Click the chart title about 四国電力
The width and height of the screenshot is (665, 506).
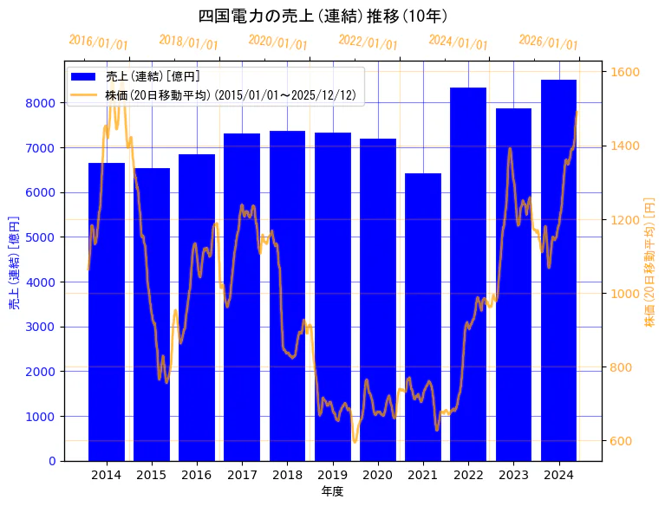[323, 16]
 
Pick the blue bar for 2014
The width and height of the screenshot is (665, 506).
[107, 311]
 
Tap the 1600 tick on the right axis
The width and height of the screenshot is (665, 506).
[624, 72]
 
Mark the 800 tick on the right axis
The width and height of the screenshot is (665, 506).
[621, 367]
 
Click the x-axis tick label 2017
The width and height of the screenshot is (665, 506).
[242, 475]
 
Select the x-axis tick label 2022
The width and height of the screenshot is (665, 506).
[468, 475]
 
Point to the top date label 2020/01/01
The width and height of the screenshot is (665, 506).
[278, 42]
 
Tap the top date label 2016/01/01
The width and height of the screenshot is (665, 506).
[98, 42]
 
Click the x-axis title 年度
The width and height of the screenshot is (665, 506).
[333, 491]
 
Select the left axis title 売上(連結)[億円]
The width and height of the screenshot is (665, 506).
[14, 263]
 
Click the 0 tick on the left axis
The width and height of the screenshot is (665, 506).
[52, 461]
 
